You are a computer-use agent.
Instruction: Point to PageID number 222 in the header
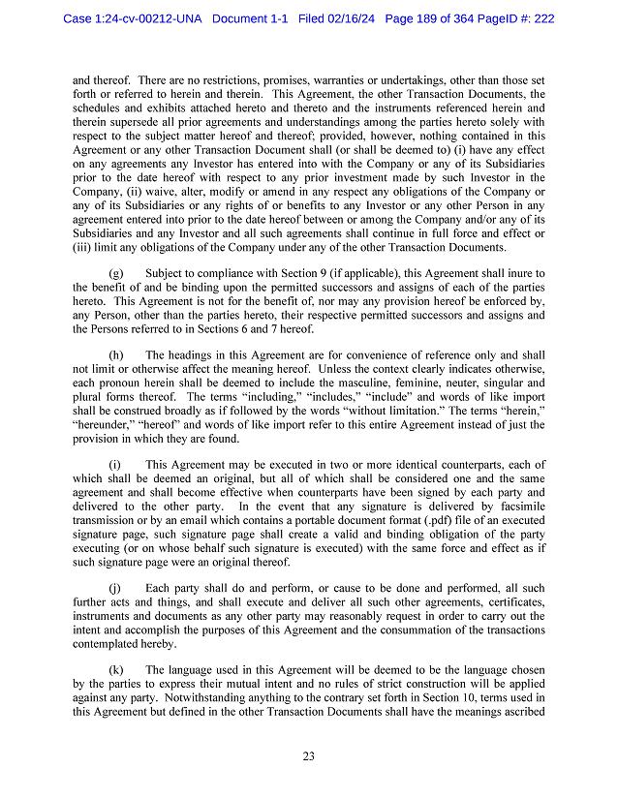[x=541, y=18]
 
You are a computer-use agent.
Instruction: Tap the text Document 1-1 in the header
[x=251, y=18]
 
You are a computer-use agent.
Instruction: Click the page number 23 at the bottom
[x=308, y=756]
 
